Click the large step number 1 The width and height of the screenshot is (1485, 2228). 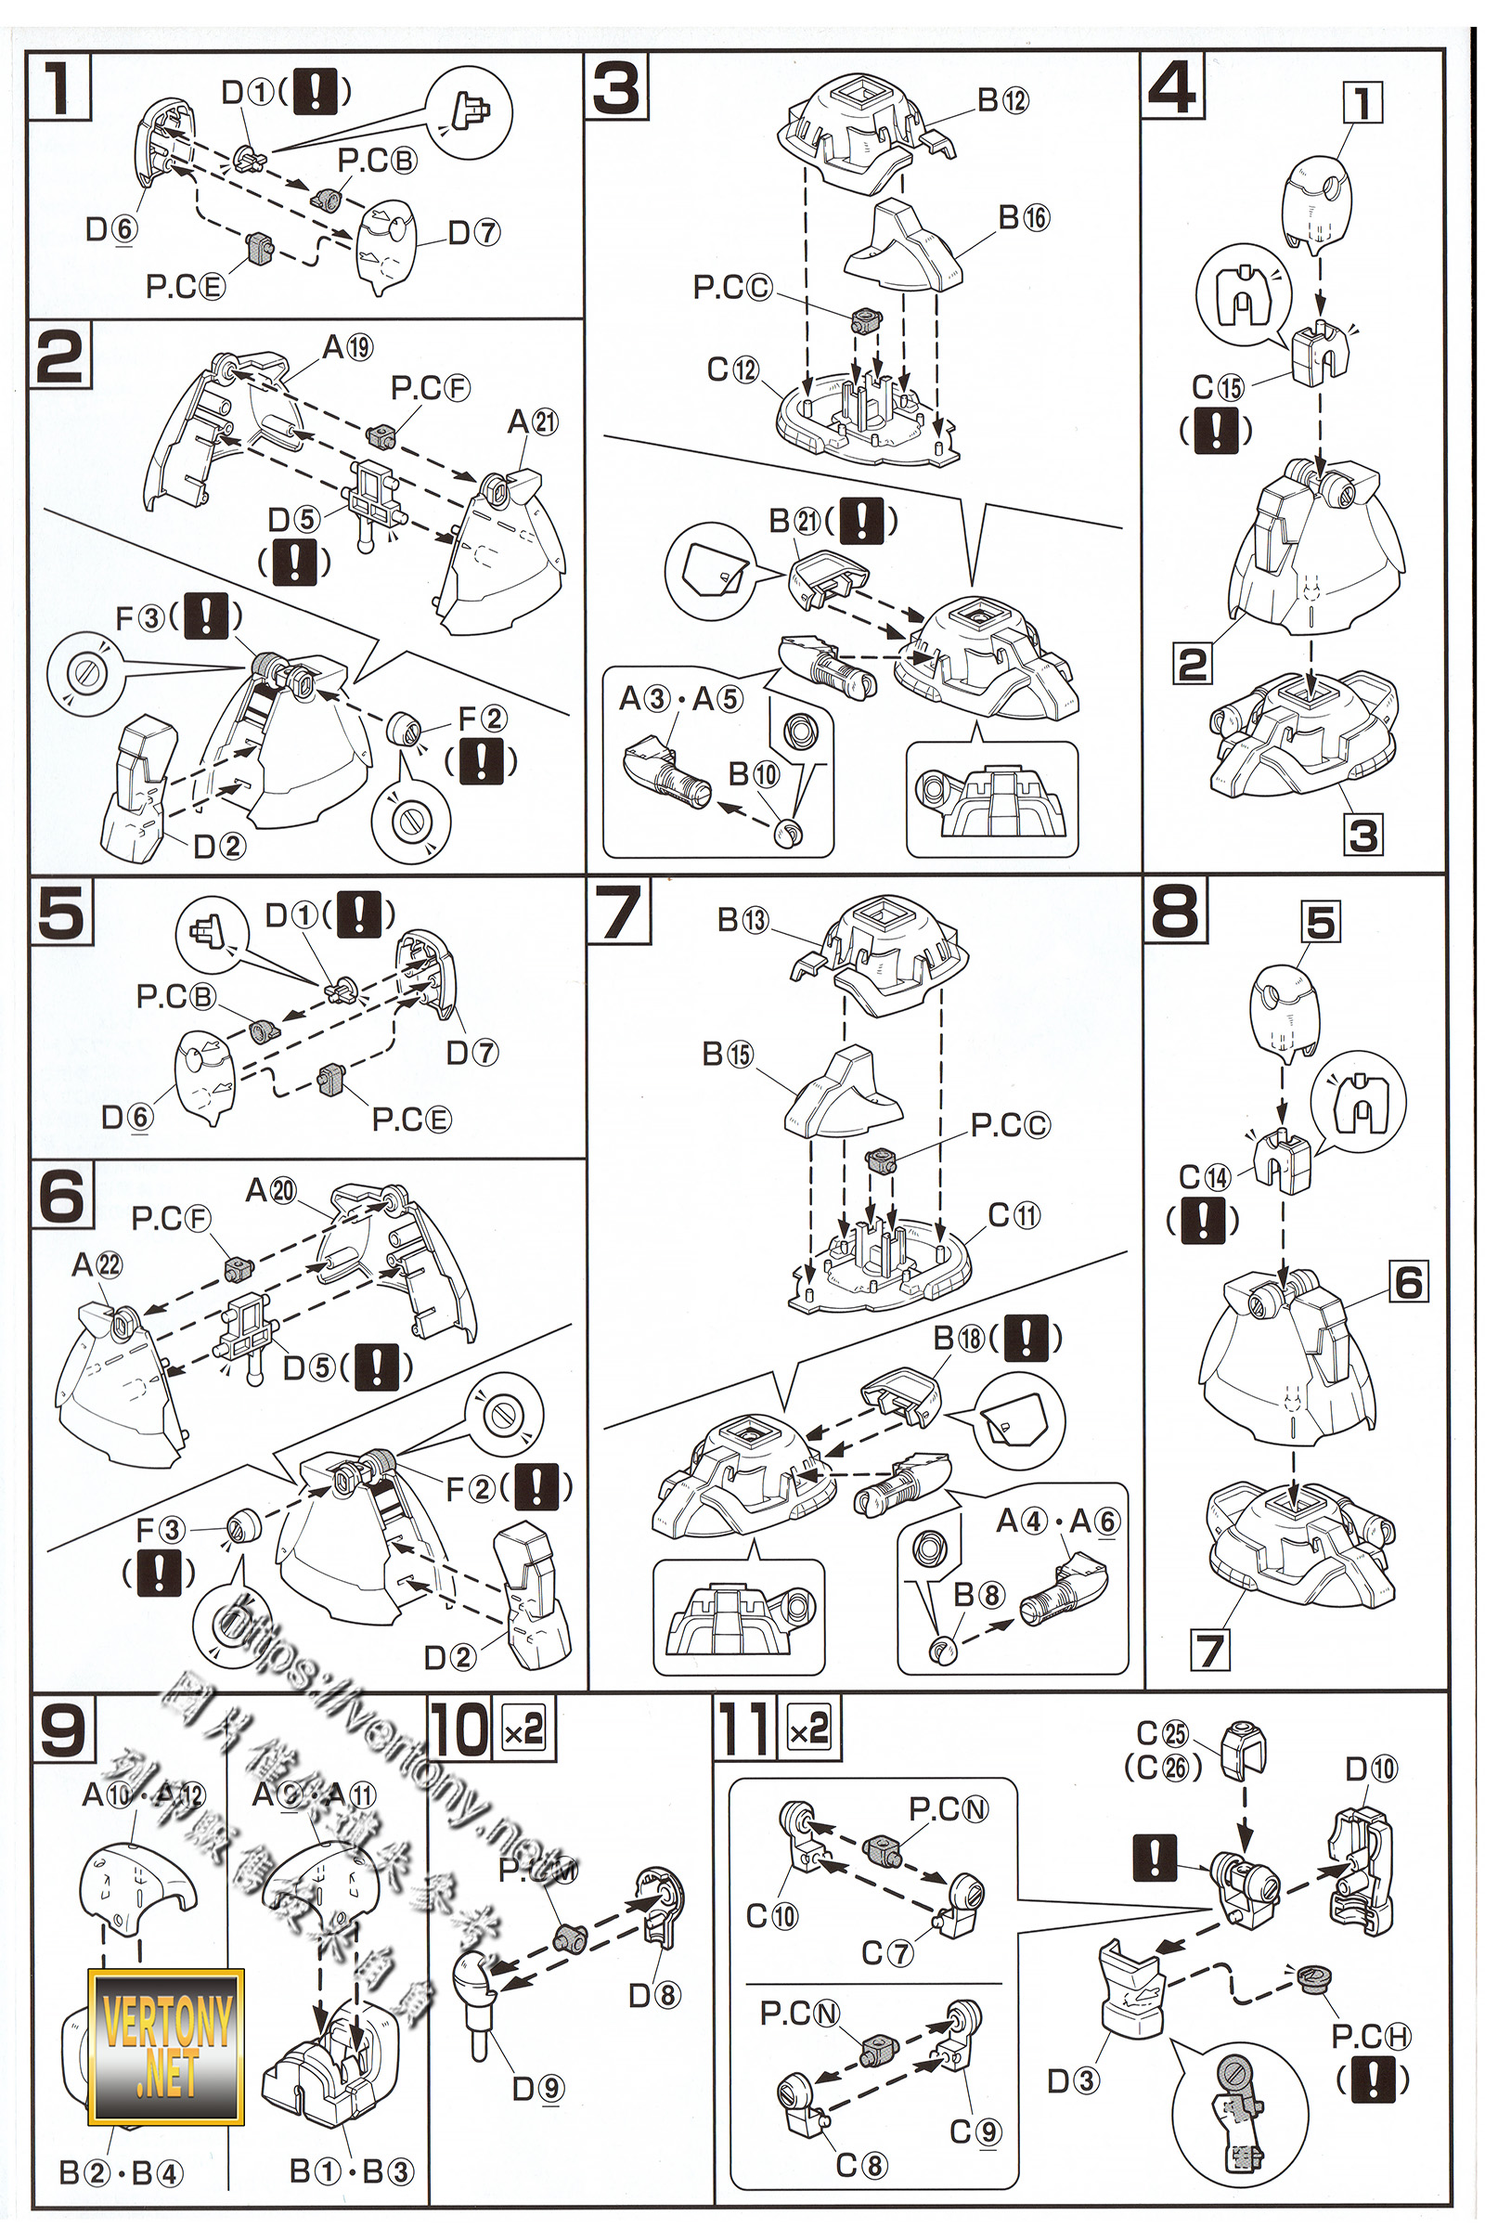(x=58, y=87)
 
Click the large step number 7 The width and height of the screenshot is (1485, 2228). (x=618, y=913)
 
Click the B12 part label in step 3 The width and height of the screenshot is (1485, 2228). (x=1002, y=99)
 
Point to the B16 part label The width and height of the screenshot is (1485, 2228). (x=1024, y=217)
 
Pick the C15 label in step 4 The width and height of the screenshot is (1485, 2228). (x=1217, y=386)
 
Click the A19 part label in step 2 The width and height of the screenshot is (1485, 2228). (x=347, y=346)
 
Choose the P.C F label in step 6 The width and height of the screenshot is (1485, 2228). (x=171, y=1218)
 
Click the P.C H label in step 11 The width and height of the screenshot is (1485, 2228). (x=1371, y=2036)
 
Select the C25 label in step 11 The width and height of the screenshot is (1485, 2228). (x=1162, y=1733)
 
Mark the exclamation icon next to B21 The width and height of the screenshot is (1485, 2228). (x=861, y=520)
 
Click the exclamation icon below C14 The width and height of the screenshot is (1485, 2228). (x=1203, y=1219)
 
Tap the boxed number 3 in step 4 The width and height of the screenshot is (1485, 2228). (x=1362, y=835)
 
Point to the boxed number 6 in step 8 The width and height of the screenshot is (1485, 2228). (x=1408, y=1283)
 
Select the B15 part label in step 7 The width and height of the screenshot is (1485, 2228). (x=728, y=1055)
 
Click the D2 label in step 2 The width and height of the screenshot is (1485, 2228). (x=220, y=846)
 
